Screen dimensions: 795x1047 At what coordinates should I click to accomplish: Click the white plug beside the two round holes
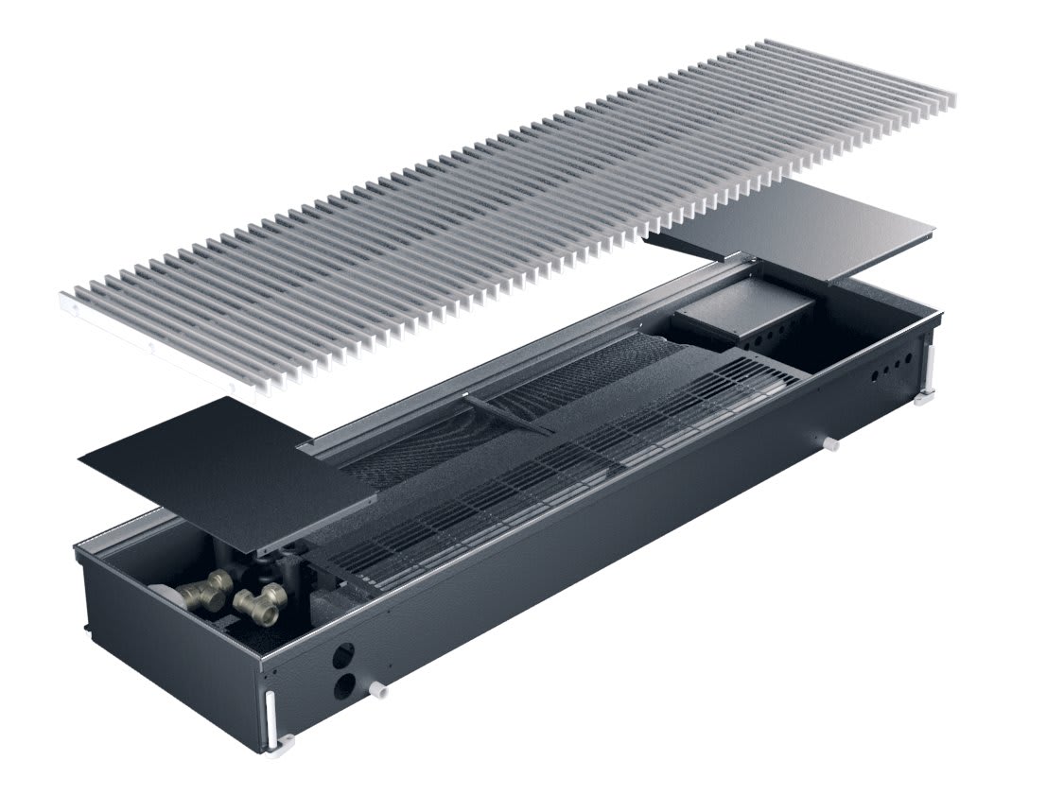click(382, 691)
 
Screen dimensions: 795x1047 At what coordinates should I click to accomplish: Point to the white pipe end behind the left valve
click(170, 592)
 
